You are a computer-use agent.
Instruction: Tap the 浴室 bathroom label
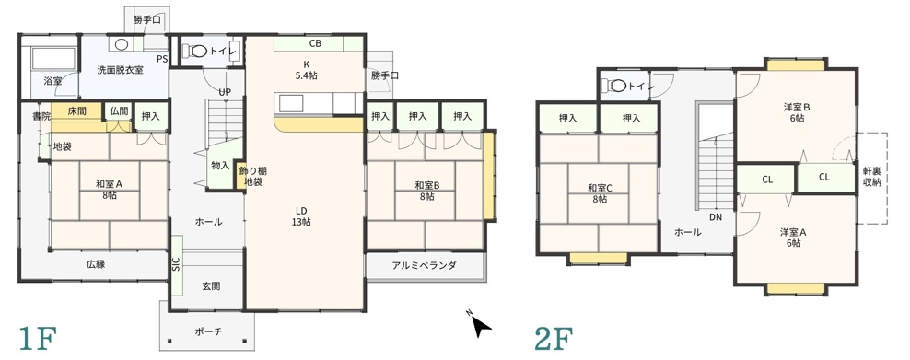pos(53,81)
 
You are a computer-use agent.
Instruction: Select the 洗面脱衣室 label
pos(120,70)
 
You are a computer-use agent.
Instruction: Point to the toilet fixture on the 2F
pos(617,87)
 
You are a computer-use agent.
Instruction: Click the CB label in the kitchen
pos(315,43)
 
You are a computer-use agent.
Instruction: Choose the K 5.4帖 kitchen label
pos(306,70)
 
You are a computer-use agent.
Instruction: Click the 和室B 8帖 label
pos(426,191)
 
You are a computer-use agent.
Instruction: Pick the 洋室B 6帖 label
pos(794,112)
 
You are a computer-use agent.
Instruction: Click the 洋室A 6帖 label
pos(793,237)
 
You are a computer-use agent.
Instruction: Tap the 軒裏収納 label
pos(871,177)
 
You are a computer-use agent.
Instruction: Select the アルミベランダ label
pos(425,266)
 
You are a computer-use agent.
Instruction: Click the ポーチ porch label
pos(208,331)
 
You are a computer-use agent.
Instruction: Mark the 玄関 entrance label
pos(211,286)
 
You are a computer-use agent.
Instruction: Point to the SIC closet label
pos(175,265)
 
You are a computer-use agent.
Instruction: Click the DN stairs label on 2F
pos(715,218)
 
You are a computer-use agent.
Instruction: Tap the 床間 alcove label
pos(76,111)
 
